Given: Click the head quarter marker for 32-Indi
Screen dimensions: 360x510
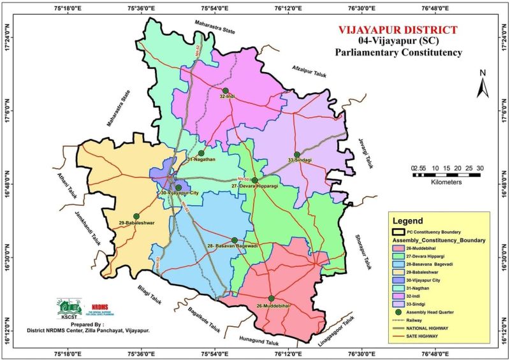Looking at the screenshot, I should click(x=225, y=90).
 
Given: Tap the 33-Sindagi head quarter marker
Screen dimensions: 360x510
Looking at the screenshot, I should click(x=297, y=154).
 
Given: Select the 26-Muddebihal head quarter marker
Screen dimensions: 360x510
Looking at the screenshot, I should click(x=271, y=298).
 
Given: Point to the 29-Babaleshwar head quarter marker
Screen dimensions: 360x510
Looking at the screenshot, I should click(x=136, y=217).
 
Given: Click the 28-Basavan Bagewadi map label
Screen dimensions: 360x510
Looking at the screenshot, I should click(x=232, y=246).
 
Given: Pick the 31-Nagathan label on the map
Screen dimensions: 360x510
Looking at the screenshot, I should click(x=202, y=159).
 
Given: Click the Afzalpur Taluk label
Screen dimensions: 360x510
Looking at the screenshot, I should click(x=309, y=70).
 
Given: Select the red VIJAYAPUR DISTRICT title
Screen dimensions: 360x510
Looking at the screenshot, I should click(x=398, y=30).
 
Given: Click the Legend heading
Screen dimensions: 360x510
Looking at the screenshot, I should click(x=407, y=221).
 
